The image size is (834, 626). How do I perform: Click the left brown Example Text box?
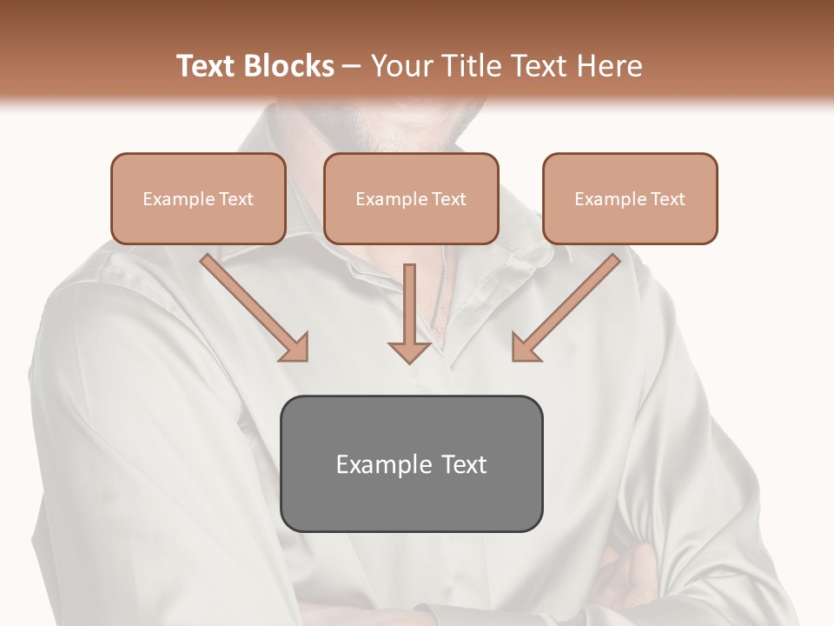point(198,198)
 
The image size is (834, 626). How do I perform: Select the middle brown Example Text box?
point(411,198)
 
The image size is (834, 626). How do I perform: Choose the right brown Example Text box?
point(630,198)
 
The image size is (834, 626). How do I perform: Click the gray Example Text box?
point(411,463)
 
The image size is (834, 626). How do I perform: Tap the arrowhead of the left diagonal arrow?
point(295,348)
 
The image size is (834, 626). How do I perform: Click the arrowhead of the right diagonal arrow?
point(525,348)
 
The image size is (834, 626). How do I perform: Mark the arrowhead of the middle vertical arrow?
point(410,352)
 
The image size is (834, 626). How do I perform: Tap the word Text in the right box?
point(667,199)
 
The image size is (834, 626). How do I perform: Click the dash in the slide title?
point(352,66)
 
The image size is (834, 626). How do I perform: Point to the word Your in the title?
point(402,66)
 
